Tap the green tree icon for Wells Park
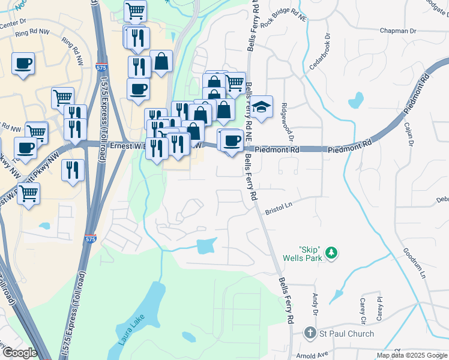point(330,255)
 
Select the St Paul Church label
point(346,334)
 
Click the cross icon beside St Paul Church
point(310,333)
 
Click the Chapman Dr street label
point(397,31)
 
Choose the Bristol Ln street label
point(279,205)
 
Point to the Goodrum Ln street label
point(414,263)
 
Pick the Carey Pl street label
point(379,308)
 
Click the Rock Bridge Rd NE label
point(283,25)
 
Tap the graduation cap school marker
point(261,107)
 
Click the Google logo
point(20,353)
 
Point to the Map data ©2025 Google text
point(412,355)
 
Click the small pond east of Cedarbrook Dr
point(355,99)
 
